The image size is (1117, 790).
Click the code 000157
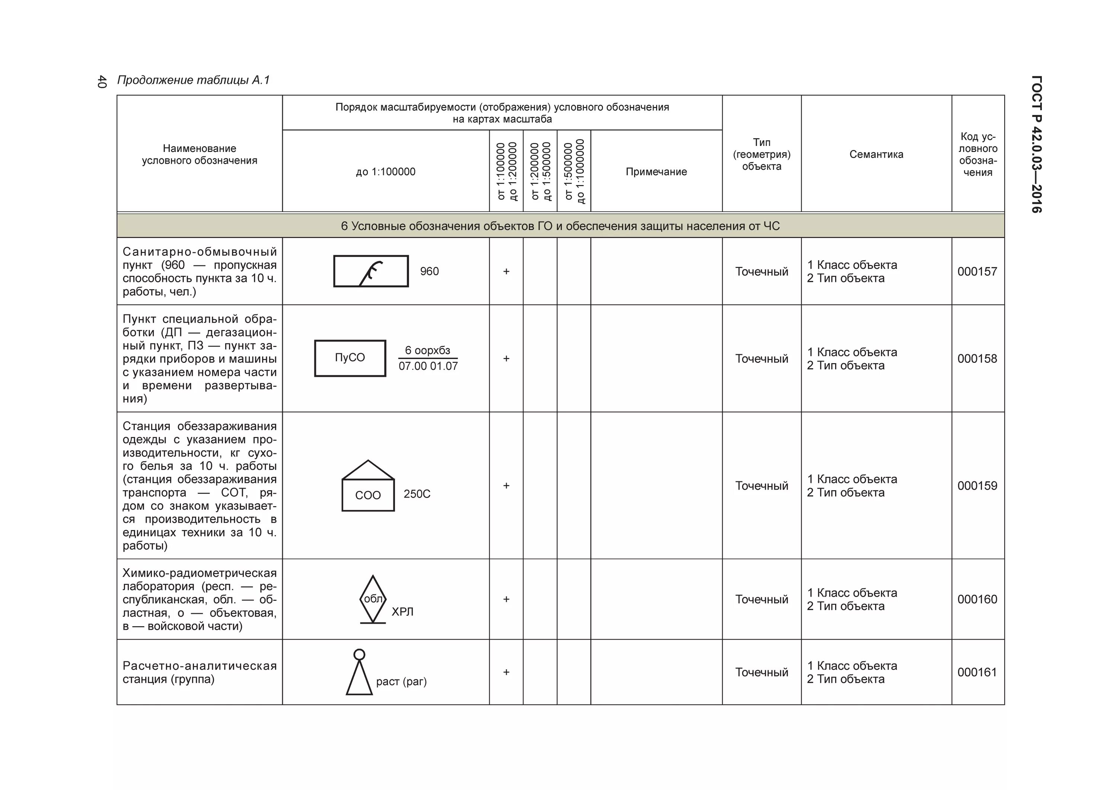click(x=977, y=272)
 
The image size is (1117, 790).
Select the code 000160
click(x=977, y=599)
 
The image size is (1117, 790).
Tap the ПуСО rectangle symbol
click(x=350, y=358)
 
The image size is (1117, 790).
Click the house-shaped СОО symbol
click(x=368, y=487)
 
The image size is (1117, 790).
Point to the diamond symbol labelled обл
click(x=373, y=599)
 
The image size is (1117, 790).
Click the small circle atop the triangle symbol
click(x=359, y=655)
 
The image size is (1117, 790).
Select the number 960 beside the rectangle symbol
click(x=429, y=272)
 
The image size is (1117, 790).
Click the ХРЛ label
click(x=402, y=612)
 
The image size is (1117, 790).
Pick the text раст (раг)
click(x=401, y=682)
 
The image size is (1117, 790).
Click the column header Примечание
click(x=656, y=172)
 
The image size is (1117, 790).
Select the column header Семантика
click(x=876, y=154)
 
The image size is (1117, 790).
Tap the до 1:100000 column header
click(x=385, y=172)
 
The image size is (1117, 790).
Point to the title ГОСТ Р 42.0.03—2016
click(x=1036, y=144)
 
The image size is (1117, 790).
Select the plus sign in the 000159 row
click(x=506, y=486)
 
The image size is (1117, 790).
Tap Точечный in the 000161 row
click(x=761, y=672)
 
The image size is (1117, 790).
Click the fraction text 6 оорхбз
click(x=428, y=350)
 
